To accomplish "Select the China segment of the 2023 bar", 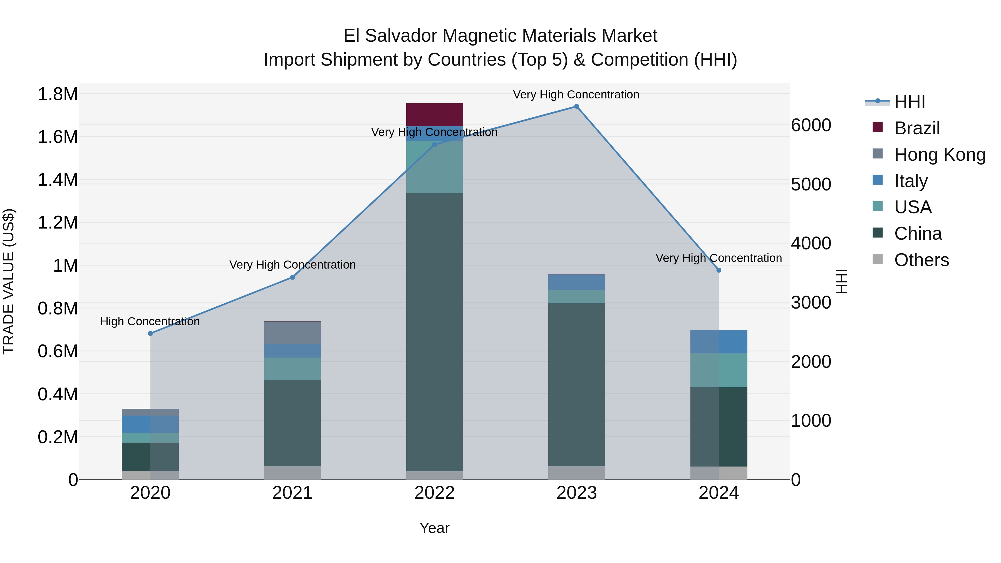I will point(576,385).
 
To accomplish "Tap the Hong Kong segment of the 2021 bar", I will point(292,333).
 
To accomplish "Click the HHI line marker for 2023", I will point(576,106).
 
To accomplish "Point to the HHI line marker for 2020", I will point(150,333).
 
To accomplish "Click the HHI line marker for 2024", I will point(718,270).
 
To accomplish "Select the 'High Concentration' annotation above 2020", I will point(150,321).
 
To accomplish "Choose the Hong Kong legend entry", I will point(939,154).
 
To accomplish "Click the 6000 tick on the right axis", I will point(811,125).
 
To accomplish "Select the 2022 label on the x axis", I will point(434,493).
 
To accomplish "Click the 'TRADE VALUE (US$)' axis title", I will point(9,281).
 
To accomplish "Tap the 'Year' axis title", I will point(434,528).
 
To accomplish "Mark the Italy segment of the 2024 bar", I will point(718,341).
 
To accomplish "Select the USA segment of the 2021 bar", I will point(292,369).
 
